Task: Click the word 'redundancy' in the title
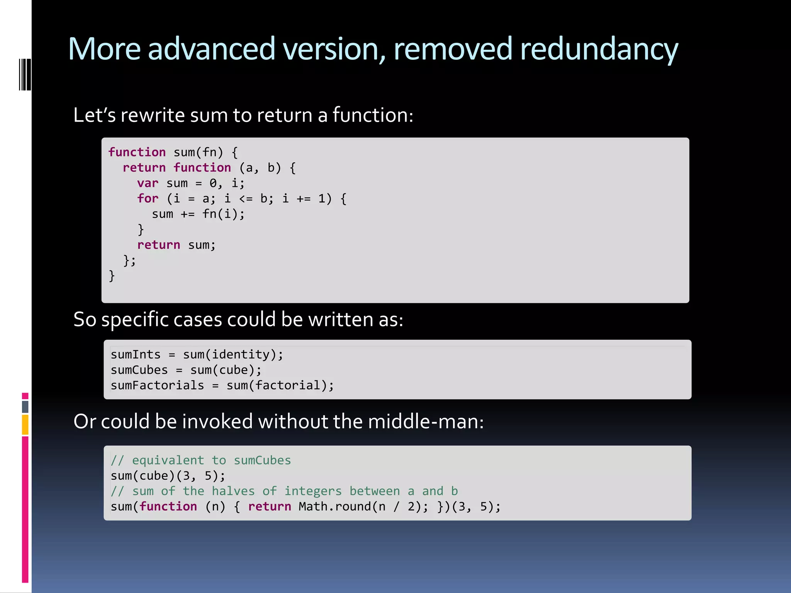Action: tap(599, 49)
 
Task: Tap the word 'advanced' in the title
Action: tap(211, 49)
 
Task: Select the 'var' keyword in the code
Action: tap(148, 183)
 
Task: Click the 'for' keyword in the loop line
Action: tap(148, 199)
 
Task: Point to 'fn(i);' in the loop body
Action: tap(223, 214)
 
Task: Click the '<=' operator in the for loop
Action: tap(246, 199)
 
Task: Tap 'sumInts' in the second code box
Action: tap(135, 354)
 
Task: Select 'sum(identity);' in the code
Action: tap(233, 354)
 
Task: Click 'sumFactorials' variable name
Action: tap(157, 385)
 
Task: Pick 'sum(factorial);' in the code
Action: tap(280, 385)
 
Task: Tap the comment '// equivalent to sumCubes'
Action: tap(200, 460)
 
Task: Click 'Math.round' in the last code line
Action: tap(334, 507)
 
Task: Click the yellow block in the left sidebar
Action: tap(25, 424)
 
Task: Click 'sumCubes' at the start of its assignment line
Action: tap(139, 370)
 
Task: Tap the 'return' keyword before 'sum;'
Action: tap(158, 245)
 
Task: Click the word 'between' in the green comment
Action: tap(374, 491)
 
